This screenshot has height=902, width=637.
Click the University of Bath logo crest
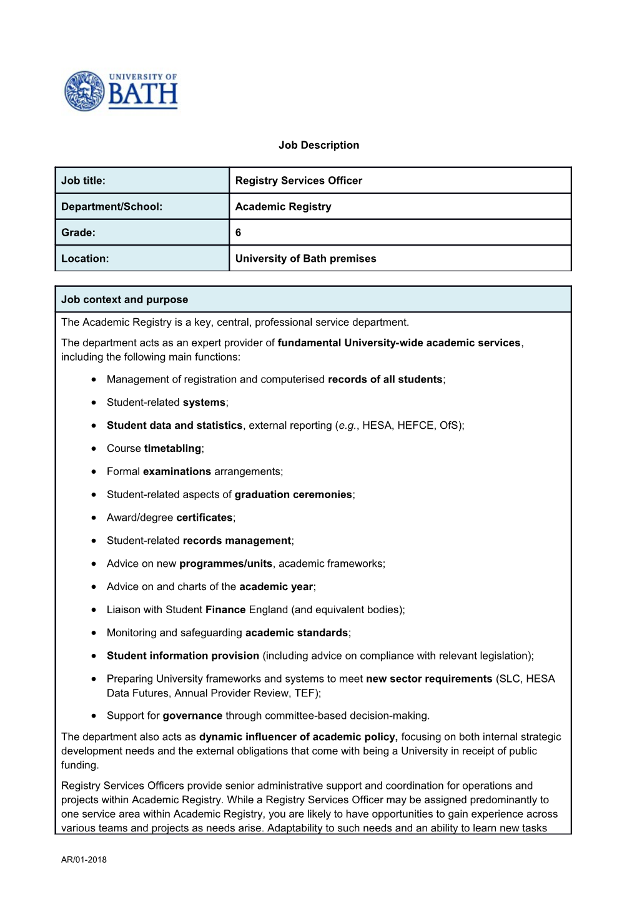coord(84,91)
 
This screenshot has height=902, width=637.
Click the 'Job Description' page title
coord(318,145)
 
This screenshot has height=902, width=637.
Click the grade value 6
coord(238,233)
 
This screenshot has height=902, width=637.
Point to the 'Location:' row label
coord(85,259)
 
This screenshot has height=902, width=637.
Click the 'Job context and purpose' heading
coord(124,299)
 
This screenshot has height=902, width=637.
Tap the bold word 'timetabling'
coord(172,449)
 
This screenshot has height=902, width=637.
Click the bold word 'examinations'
coord(177,472)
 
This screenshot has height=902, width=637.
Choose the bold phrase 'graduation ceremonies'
coord(293,495)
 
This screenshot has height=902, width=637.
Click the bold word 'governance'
coord(192,716)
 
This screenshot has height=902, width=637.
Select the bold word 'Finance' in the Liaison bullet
coord(225,610)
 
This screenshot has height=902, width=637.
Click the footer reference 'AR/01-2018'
coord(84,859)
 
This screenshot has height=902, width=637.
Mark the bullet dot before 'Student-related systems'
coord(93,403)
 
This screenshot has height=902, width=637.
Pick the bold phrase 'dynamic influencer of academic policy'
coord(298,737)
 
